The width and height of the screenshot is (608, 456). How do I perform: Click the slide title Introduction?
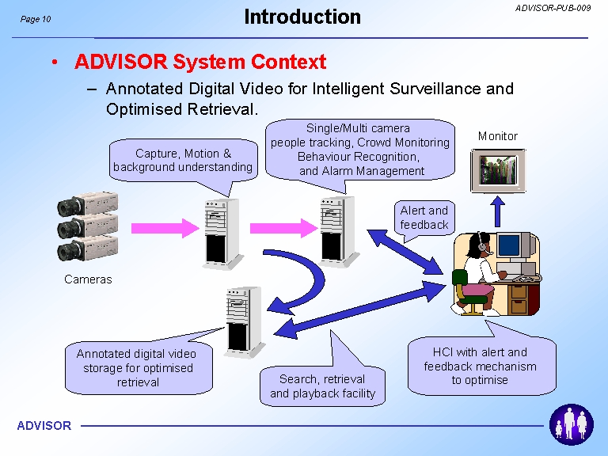(302, 17)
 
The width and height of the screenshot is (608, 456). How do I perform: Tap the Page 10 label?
(36, 19)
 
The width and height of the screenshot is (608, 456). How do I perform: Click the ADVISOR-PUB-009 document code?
(553, 8)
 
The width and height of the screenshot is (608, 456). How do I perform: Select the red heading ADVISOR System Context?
(200, 62)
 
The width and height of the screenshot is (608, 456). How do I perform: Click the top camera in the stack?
(88, 203)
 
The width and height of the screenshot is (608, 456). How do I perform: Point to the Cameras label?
(88, 279)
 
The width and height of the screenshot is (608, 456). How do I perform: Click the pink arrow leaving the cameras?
(165, 228)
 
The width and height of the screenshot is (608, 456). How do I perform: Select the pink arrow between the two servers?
(284, 228)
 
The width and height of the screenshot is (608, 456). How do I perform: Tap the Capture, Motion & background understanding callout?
(183, 161)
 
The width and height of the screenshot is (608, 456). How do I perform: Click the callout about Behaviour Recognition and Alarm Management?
(360, 150)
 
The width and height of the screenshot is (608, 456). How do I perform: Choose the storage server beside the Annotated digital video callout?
(245, 322)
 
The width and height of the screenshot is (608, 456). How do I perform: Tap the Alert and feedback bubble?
(424, 218)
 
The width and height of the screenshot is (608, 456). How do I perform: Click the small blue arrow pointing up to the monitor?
(497, 211)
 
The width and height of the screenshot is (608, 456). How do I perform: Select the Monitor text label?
(497, 136)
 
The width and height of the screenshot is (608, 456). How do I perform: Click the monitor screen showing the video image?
(498, 170)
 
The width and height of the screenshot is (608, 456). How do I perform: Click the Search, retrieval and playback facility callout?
(323, 386)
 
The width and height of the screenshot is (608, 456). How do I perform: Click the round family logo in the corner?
(571, 424)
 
